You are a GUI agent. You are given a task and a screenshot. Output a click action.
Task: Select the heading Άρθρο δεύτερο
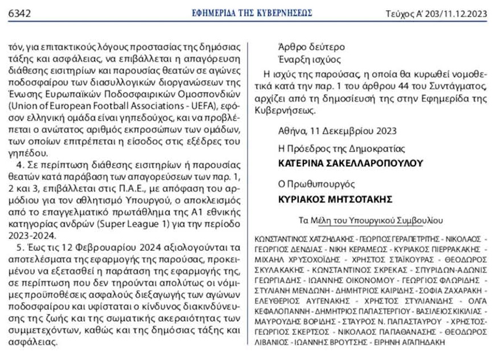(x=302, y=47)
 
